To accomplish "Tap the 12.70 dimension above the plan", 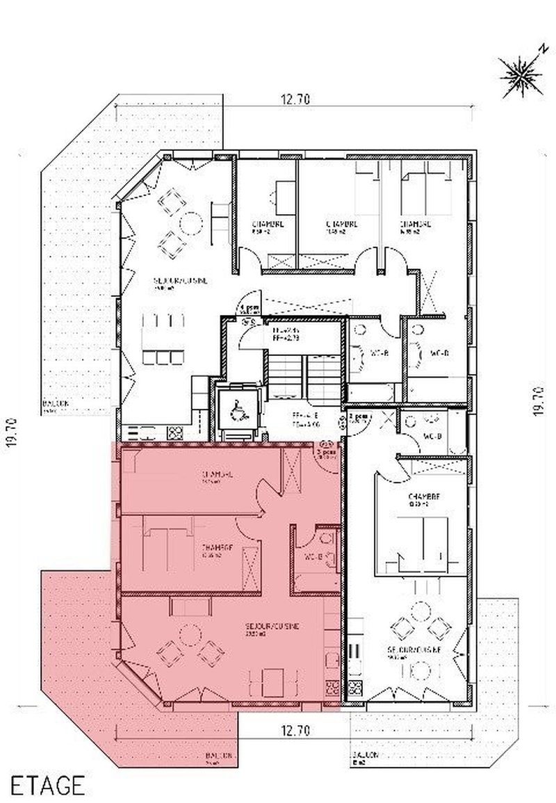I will [x=295, y=99].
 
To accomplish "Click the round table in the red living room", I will [x=188, y=634].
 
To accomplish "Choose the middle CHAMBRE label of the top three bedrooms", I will [x=342, y=225].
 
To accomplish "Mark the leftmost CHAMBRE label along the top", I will [x=266, y=225].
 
